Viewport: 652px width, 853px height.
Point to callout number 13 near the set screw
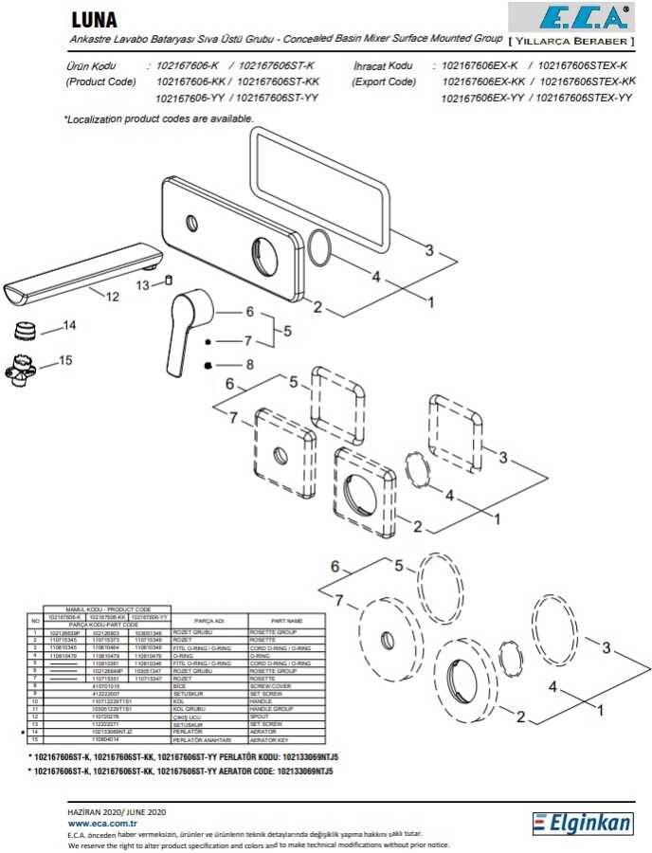click(x=142, y=284)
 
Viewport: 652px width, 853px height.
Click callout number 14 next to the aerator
click(x=68, y=326)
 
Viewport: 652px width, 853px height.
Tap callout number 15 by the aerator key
click(x=65, y=360)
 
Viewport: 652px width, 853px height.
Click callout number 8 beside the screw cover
click(x=250, y=364)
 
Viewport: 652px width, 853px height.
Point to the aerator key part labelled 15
click(x=24, y=367)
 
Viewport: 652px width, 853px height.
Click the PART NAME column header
click(x=286, y=621)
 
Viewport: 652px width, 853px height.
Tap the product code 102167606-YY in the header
click(x=188, y=97)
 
